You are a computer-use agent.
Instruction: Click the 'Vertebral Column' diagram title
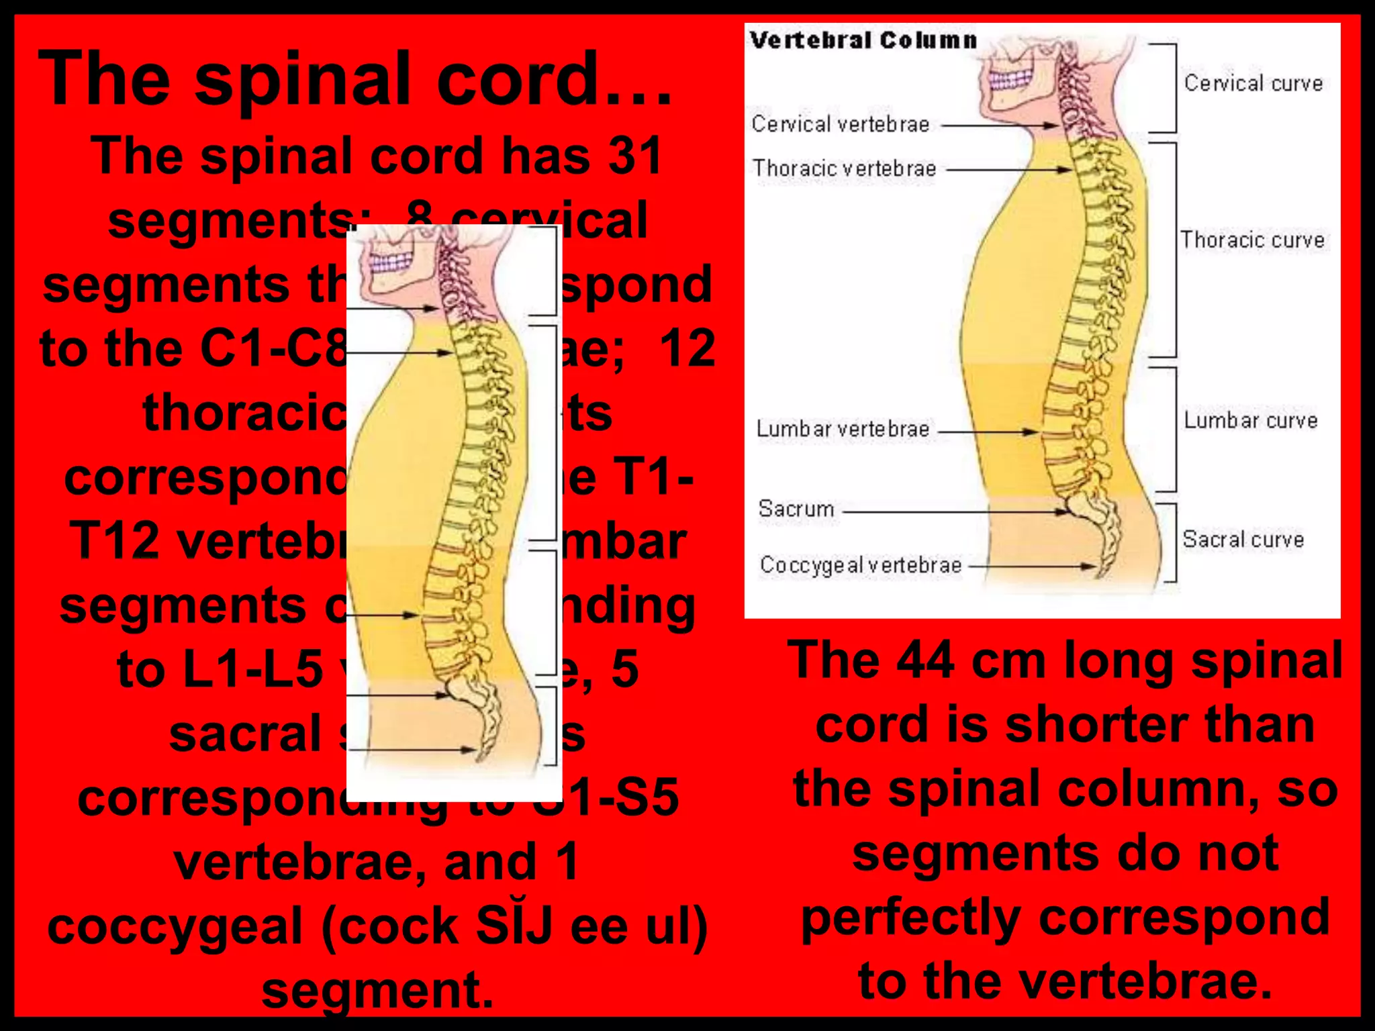[863, 40]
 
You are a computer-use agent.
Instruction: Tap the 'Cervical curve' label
[1253, 83]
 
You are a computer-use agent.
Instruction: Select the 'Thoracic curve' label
[1253, 240]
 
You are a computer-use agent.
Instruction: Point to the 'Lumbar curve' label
[1250, 421]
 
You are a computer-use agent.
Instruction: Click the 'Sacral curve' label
[1243, 540]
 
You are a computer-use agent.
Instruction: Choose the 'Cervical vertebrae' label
[840, 124]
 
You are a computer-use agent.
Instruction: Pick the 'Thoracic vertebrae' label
[844, 168]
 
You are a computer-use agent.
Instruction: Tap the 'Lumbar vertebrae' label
[843, 429]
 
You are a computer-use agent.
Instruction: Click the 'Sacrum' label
[796, 509]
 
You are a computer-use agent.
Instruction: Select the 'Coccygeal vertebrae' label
[861, 565]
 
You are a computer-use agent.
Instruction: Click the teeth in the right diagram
[1011, 81]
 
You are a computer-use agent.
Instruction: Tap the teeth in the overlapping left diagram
[391, 262]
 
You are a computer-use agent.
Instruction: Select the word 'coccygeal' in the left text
[175, 926]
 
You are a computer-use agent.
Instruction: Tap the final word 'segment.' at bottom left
[377, 990]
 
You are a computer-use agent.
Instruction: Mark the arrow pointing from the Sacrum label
[953, 511]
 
